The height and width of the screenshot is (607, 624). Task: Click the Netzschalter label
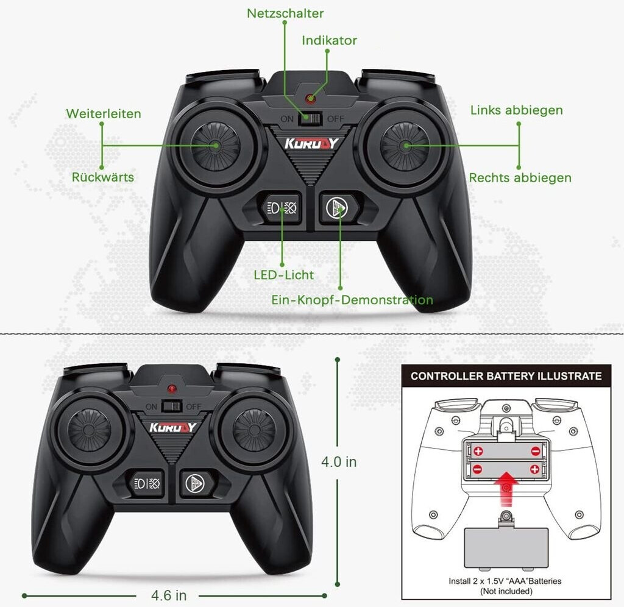285,13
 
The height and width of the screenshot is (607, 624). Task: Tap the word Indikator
329,40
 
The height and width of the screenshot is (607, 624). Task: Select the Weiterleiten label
104,113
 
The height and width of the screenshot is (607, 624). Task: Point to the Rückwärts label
102,177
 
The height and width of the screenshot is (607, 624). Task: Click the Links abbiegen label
517,110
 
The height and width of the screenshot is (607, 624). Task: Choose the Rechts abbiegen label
520,177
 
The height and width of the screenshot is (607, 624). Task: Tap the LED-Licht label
284,275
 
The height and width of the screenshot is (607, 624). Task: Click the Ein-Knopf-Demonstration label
352,300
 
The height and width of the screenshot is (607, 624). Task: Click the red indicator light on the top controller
310,98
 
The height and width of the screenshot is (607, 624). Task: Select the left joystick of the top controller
215,146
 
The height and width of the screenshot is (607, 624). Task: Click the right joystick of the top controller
405,146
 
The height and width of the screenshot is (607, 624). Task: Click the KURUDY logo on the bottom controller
172,427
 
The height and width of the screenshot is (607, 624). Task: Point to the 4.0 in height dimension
339,462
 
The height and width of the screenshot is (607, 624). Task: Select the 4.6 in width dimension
169,595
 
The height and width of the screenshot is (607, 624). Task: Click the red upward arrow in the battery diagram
506,488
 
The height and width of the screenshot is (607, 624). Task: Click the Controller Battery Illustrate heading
506,376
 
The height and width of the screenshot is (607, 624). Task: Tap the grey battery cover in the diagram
506,548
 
